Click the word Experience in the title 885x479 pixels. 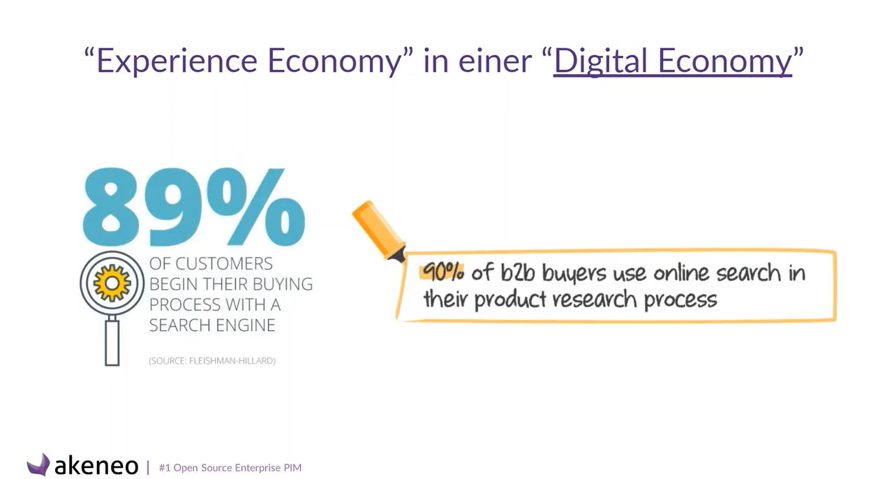tap(177, 61)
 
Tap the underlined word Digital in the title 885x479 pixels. tap(600, 61)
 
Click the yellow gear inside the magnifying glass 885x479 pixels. tap(112, 283)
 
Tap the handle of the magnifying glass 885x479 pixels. tap(112, 343)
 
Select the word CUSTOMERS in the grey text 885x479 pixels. tap(223, 264)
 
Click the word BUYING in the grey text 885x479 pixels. tap(283, 284)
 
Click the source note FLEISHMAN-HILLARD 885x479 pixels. tap(232, 361)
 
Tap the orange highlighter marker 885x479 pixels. tap(379, 231)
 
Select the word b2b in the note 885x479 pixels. tap(518, 273)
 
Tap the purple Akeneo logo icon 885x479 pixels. tap(38, 465)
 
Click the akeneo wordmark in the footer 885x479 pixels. tap(96, 466)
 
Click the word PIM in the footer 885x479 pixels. tap(292, 468)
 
